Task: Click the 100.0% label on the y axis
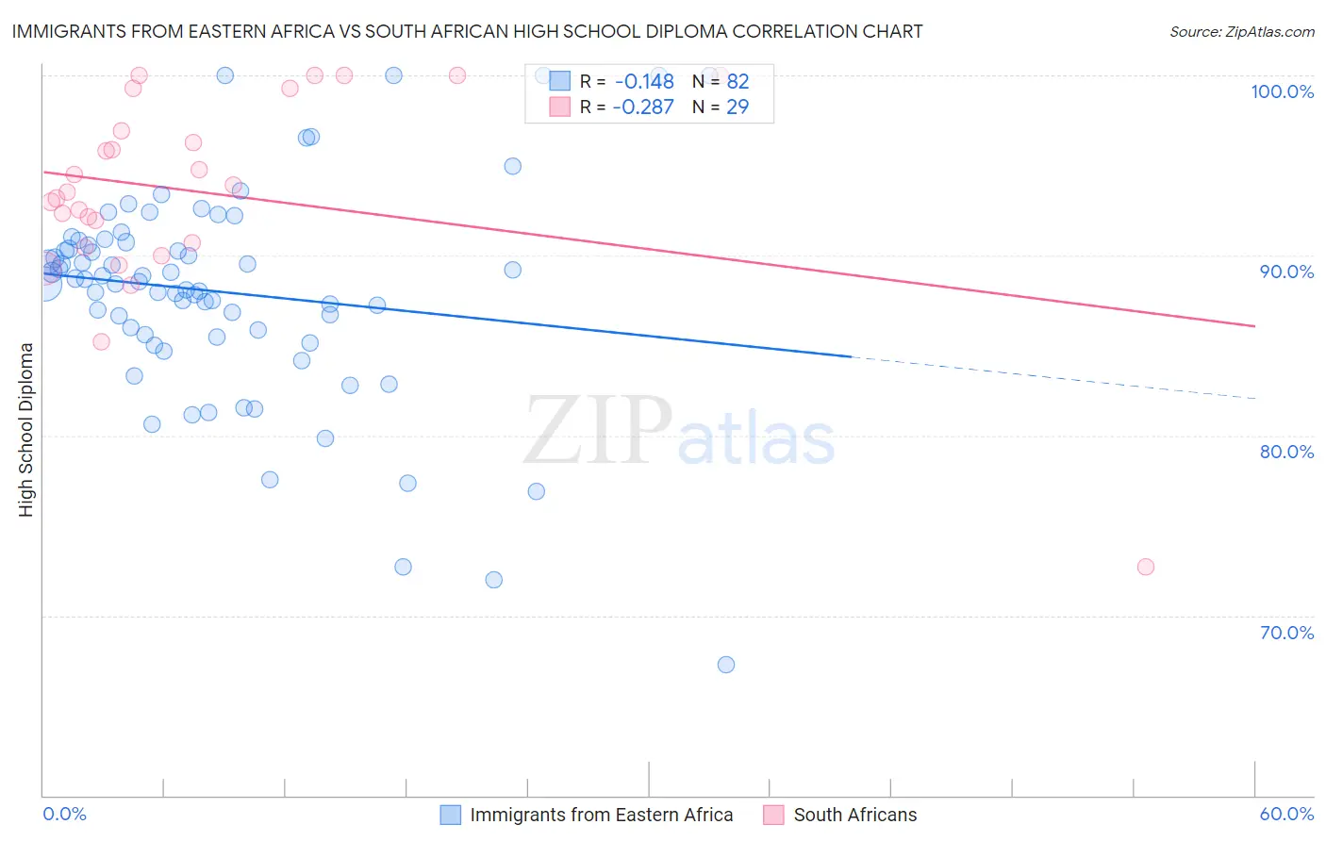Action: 1282,91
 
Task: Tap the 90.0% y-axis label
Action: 1286,272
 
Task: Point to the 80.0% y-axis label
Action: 1286,452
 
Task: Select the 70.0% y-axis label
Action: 1286,633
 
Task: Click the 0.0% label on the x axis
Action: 64,814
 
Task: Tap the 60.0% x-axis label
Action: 1286,814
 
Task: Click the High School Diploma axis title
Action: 26,429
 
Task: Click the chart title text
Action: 467,31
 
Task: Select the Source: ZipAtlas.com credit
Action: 1241,32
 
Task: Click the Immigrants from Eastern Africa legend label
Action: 601,815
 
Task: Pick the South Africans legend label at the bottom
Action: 854,815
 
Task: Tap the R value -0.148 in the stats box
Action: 644,81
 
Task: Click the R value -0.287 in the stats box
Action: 643,107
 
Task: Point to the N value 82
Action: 738,81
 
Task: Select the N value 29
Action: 738,107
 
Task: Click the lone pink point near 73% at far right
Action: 1146,567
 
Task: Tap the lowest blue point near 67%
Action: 726,665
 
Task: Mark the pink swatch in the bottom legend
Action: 773,815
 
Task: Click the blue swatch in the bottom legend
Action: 451,815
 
